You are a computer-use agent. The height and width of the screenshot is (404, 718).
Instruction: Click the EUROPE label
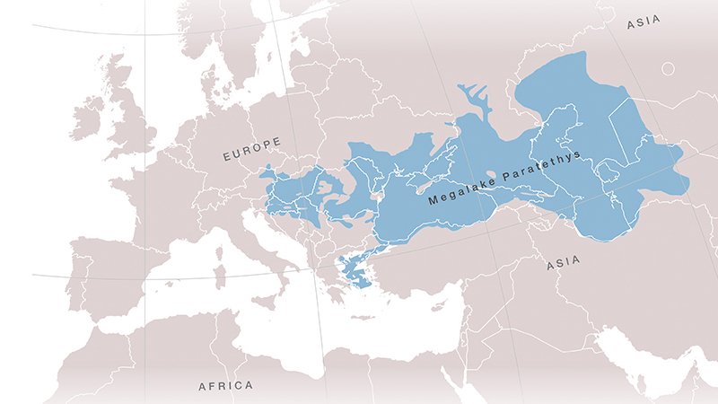pos(252,149)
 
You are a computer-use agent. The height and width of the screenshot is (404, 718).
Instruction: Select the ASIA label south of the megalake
pos(563,263)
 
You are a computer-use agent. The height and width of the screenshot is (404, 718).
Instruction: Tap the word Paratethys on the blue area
pos(540,165)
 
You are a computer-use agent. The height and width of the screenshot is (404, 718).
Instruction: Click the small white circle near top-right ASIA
pos(669,68)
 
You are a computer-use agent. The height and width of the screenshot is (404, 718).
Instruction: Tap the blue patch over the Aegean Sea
pos(354,270)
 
